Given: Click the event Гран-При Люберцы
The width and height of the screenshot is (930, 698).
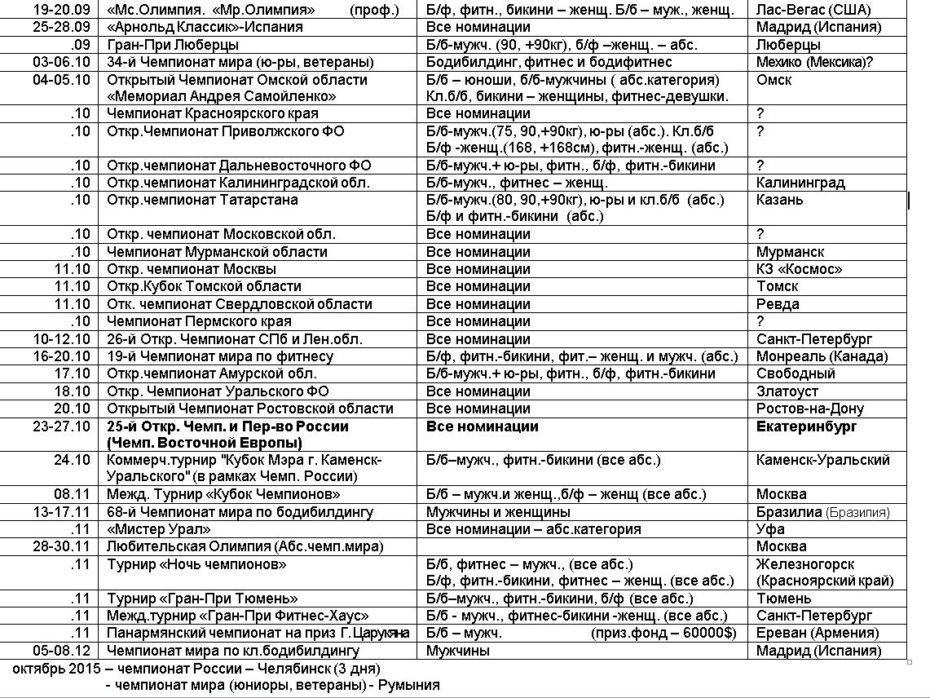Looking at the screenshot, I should pyautogui.click(x=173, y=45).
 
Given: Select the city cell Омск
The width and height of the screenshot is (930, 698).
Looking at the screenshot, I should pyautogui.click(x=774, y=80).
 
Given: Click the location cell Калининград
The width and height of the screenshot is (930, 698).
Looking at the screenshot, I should pyautogui.click(x=800, y=183).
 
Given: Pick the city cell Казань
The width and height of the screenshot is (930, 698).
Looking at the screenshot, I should pyautogui.click(x=779, y=200).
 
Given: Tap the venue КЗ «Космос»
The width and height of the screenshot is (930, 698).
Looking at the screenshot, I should pyautogui.click(x=799, y=269).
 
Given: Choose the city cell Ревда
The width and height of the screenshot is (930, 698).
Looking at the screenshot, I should pyautogui.click(x=778, y=304).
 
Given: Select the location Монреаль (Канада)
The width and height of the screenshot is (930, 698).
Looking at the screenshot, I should pyautogui.click(x=822, y=356).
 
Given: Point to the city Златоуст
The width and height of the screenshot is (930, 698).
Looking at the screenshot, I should pyautogui.click(x=787, y=391).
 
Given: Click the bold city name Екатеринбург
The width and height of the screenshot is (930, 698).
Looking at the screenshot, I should pyautogui.click(x=806, y=426).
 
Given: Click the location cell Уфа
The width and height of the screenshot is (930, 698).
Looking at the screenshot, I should pyautogui.click(x=769, y=529).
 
